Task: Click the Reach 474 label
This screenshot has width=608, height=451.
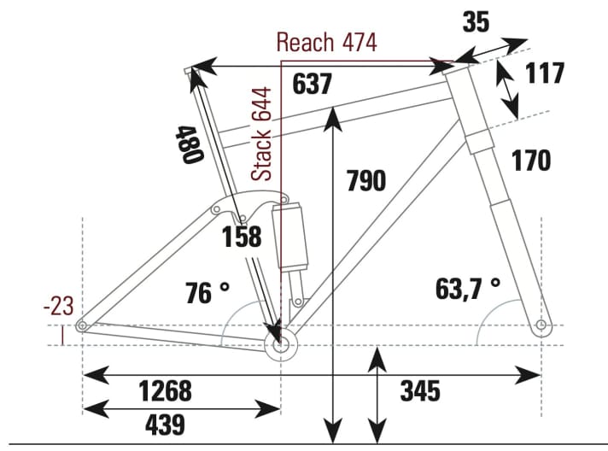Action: [325, 42]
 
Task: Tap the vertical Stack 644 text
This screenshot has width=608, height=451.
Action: [263, 133]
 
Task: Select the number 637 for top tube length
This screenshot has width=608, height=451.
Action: [312, 85]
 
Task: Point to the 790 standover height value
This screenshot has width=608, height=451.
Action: [365, 181]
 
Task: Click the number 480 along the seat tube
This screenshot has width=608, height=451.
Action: [188, 146]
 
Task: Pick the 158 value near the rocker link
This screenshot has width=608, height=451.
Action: [242, 237]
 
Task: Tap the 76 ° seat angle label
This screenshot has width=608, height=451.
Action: [208, 292]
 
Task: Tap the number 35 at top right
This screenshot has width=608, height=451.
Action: [476, 21]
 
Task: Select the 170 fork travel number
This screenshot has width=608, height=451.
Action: [532, 160]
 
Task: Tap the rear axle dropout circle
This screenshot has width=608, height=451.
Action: [82, 326]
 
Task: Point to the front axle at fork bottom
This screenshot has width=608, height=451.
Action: [541, 326]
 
